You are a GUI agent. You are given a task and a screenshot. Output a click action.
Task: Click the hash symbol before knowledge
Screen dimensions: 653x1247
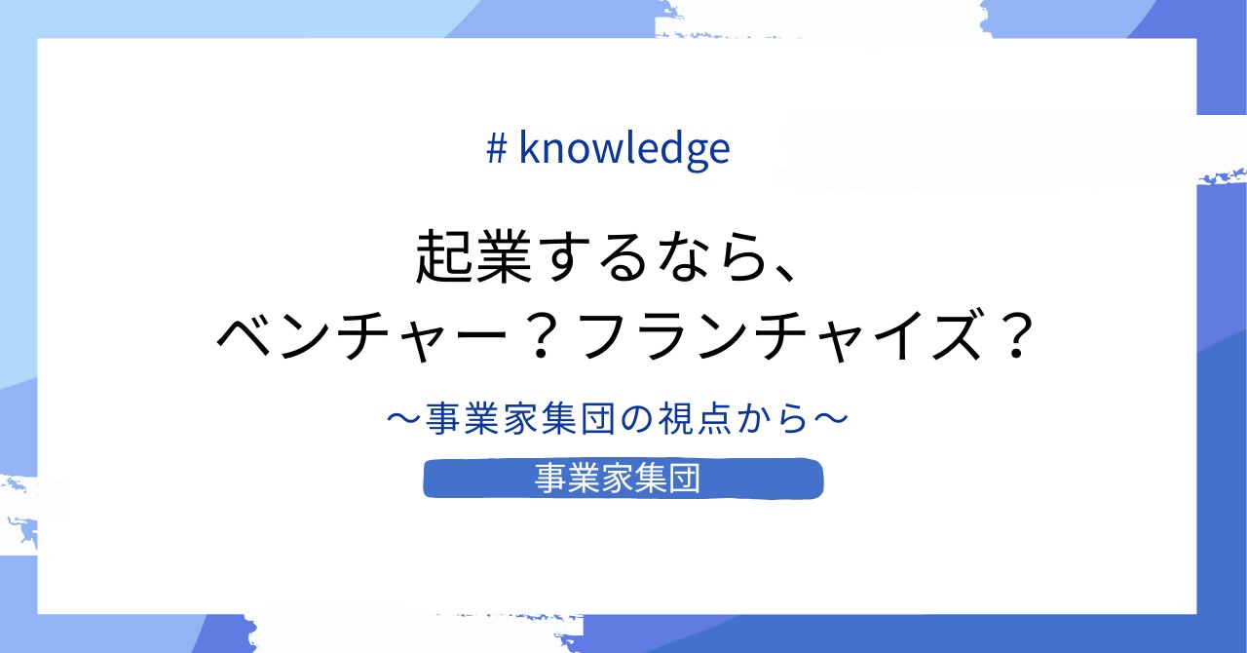point(496,148)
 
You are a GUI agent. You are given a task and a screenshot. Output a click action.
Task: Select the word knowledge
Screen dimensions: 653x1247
point(624,149)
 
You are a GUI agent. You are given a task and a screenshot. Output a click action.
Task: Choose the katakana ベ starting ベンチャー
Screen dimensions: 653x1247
point(245,337)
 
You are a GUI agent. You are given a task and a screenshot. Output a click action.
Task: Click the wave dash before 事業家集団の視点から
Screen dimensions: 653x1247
point(404,420)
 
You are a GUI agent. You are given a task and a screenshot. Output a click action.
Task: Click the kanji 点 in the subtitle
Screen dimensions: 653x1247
point(714,420)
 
